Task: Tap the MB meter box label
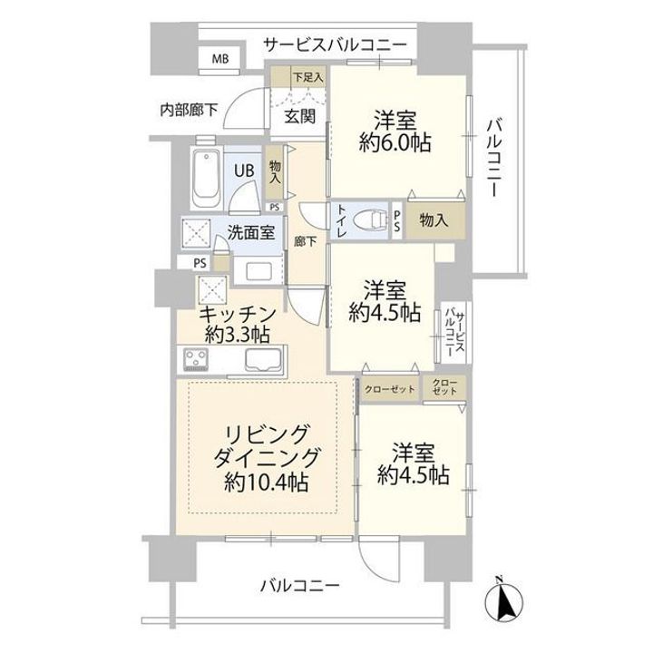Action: [220, 59]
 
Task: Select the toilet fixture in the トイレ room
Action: [369, 219]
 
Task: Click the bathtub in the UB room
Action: [206, 179]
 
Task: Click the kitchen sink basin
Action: [263, 359]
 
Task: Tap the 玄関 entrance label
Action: [300, 117]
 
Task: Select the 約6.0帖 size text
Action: [395, 143]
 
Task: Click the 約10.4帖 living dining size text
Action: [266, 483]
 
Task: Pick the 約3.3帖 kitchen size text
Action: [238, 334]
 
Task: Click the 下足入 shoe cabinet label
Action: [307, 77]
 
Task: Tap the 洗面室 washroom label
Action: [250, 233]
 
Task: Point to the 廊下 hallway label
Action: [306, 241]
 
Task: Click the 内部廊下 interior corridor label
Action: [189, 110]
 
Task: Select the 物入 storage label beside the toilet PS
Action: [434, 219]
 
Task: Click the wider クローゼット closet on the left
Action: [389, 390]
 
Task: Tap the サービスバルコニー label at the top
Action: [336, 44]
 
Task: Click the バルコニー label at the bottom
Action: [300, 587]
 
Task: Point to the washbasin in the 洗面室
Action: [258, 271]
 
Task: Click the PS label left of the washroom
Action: [200, 263]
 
